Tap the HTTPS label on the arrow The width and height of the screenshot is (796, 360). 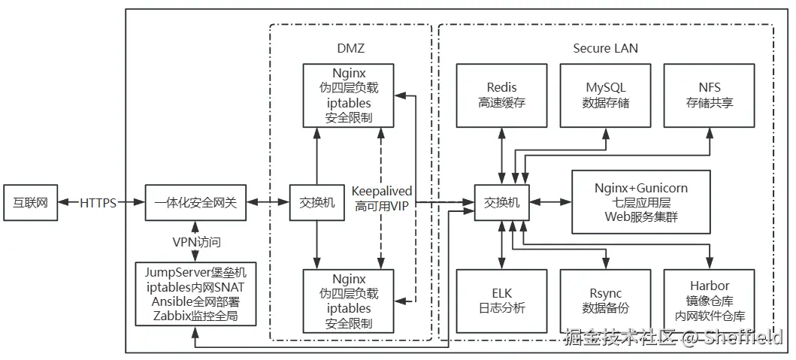pyautogui.click(x=98, y=203)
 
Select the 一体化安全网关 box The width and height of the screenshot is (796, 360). pyautogui.click(x=195, y=203)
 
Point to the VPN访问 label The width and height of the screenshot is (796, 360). pyautogui.click(x=195, y=242)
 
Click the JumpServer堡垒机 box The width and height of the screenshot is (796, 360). pyautogui.click(x=195, y=294)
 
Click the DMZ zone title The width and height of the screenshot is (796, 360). pyautogui.click(x=350, y=49)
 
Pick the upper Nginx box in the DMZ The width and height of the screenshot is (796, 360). pyautogui.click(x=349, y=95)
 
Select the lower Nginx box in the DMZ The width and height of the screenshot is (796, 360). pyautogui.click(x=349, y=301)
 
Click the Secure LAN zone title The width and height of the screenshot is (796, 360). pyautogui.click(x=605, y=49)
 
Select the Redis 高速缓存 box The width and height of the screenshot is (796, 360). pyautogui.click(x=501, y=95)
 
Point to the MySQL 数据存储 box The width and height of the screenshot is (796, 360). pyautogui.click(x=606, y=95)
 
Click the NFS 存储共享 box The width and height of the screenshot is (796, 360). pyautogui.click(x=709, y=95)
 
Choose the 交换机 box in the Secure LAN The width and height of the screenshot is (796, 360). pyautogui.click(x=501, y=203)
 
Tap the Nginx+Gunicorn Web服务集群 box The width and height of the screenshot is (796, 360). pyautogui.click(x=640, y=202)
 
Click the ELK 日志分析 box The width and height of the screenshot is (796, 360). pyautogui.click(x=501, y=301)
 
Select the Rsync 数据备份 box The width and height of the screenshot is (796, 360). pyautogui.click(x=606, y=301)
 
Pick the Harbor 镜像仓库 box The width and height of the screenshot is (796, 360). pyautogui.click(x=709, y=301)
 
